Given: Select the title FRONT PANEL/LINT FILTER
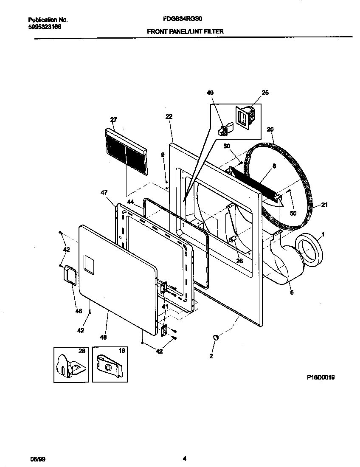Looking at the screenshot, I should pyautogui.click(x=185, y=31).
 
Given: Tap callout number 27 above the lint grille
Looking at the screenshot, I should pyautogui.click(x=113, y=120).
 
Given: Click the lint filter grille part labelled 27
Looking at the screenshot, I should pyautogui.click(x=126, y=152).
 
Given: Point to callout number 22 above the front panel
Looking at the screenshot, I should pyautogui.click(x=169, y=117).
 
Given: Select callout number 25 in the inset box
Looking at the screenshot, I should pyautogui.click(x=265, y=93).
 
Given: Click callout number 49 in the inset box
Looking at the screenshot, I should pyautogui.click(x=211, y=93).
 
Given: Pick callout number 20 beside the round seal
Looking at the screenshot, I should pyautogui.click(x=270, y=129).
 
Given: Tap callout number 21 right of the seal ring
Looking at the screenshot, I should pyautogui.click(x=324, y=205).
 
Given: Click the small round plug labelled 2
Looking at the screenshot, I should pyautogui.click(x=216, y=338).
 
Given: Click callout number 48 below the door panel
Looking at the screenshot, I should pyautogui.click(x=103, y=337).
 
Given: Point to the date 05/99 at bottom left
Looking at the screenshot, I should pyautogui.click(x=37, y=459).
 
